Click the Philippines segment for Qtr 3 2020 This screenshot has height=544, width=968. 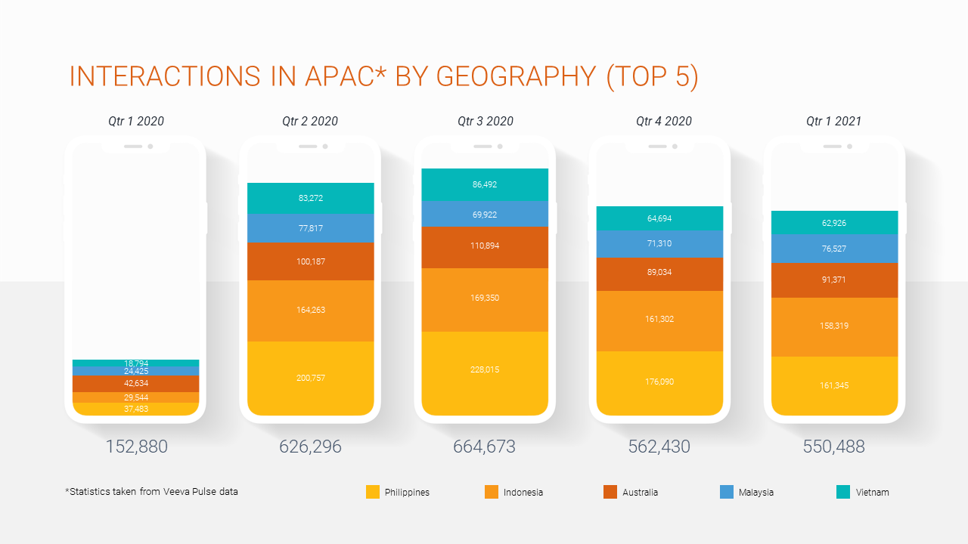coord(485,373)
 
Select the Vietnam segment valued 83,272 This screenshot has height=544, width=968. coord(311,199)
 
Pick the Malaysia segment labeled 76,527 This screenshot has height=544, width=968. coord(834,249)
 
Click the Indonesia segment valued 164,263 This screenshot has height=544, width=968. coord(311,311)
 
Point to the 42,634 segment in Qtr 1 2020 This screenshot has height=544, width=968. coord(136,384)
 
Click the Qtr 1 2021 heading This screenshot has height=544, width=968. coord(833,121)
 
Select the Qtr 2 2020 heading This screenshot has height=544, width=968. coord(310,121)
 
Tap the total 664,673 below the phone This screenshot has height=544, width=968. coord(484,447)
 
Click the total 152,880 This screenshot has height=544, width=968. coord(136,447)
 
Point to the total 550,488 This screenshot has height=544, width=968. coord(833,447)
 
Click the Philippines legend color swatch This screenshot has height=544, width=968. coord(373,492)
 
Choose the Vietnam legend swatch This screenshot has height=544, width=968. coord(843,492)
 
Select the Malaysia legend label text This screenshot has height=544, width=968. coord(755,493)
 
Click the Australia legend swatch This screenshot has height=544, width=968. coord(610,492)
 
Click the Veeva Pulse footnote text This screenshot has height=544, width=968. coord(152,492)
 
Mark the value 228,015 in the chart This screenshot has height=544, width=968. coord(485,370)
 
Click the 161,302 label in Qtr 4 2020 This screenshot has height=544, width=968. coord(659,320)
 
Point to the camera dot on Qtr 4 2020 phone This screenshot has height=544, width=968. coord(675,146)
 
